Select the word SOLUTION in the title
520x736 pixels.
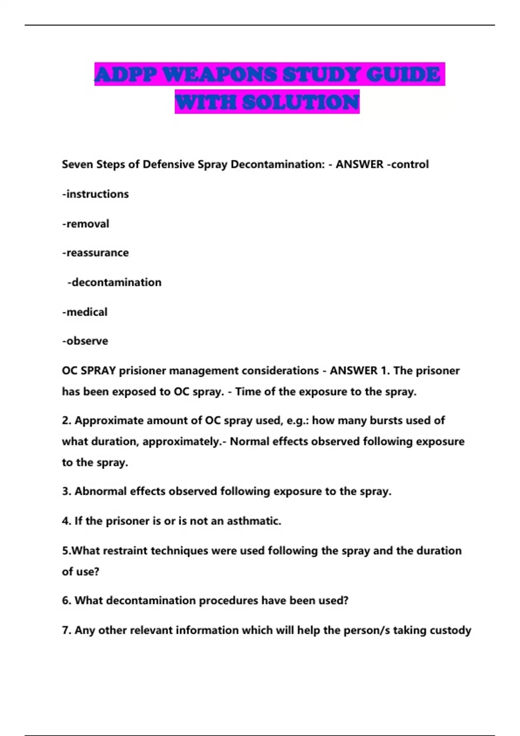click(x=301, y=103)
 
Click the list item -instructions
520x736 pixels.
click(x=95, y=194)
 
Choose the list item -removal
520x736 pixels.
click(x=86, y=224)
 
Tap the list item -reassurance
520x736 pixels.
click(x=95, y=253)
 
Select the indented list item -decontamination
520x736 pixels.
click(x=114, y=282)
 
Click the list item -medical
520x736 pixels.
click(x=85, y=312)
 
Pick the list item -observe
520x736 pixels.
click(x=85, y=341)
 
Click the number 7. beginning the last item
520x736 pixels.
click(x=66, y=630)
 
